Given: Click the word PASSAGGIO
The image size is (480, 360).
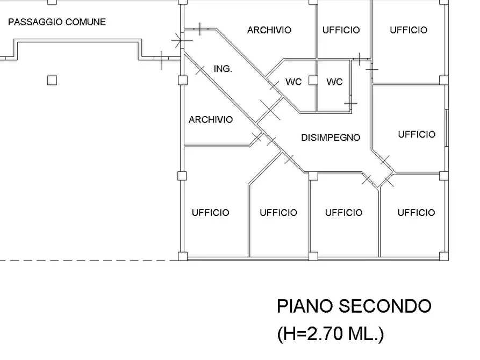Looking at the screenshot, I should [x=35, y=23].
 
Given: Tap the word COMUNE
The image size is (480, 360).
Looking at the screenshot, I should [x=85, y=23].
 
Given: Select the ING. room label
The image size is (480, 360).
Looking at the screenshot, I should [x=223, y=69].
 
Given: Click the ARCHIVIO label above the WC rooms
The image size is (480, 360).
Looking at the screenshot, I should [x=269, y=30].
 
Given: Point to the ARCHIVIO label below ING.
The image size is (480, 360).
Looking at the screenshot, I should [x=211, y=119].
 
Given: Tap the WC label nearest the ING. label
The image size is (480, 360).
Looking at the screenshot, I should [x=293, y=82].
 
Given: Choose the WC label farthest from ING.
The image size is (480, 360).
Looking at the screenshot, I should [x=334, y=82].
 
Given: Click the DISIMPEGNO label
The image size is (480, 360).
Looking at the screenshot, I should [x=331, y=138].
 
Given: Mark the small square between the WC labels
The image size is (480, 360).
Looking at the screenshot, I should [x=313, y=81].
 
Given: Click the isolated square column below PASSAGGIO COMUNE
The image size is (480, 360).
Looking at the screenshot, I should [x=52, y=81].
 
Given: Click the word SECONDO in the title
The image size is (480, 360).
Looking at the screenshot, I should [x=385, y=306].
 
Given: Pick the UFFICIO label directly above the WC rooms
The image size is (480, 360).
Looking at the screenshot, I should [x=341, y=30].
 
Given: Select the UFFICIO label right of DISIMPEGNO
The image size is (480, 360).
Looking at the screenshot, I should [x=417, y=134].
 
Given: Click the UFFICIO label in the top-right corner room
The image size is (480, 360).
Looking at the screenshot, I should [x=409, y=30].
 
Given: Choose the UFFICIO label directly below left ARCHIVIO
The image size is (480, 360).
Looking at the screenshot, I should [x=211, y=213].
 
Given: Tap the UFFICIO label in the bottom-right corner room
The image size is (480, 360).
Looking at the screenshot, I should [x=416, y=213].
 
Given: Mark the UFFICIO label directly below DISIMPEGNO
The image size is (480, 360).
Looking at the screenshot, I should [x=343, y=213].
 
